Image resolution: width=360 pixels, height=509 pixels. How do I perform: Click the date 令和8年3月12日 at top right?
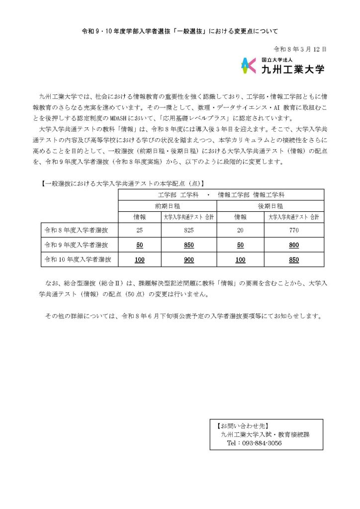(300, 50)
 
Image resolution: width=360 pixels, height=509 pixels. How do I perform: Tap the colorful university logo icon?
(249, 66)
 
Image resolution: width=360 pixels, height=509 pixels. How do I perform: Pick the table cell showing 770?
(293, 231)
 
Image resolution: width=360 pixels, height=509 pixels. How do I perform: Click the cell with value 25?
(139, 231)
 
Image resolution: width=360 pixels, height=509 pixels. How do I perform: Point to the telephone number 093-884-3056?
(254, 443)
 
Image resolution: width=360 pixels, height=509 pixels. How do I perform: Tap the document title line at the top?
(180, 31)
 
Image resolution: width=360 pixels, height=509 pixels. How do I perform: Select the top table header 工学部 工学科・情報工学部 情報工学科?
(221, 194)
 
